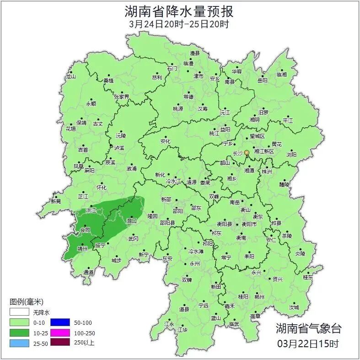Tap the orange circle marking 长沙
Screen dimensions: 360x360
click(x=247, y=152)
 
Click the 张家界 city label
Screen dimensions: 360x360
click(x=122, y=97)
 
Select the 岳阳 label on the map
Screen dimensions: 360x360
click(x=262, y=81)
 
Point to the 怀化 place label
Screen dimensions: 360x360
click(x=101, y=188)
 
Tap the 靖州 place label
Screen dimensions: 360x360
click(x=82, y=249)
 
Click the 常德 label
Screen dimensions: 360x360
click(x=188, y=97)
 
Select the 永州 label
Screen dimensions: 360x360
click(x=195, y=264)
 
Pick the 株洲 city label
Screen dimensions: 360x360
click(x=267, y=172)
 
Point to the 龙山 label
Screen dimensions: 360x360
click(x=70, y=77)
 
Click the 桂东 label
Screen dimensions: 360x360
click(x=308, y=277)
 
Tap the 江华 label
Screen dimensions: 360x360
click(x=183, y=329)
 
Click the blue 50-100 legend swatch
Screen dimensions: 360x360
click(x=59, y=323)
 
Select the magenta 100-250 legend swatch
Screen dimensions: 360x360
click(x=59, y=333)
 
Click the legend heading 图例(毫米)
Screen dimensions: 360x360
click(x=27, y=301)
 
